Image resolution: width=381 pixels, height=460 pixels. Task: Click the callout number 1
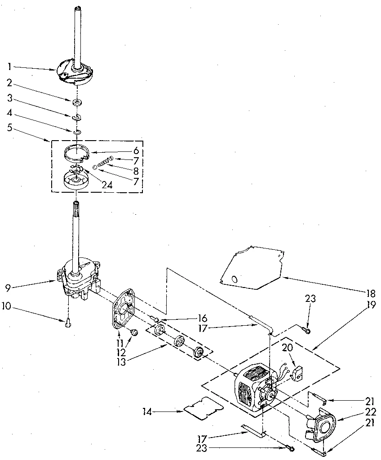(x=9, y=66)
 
